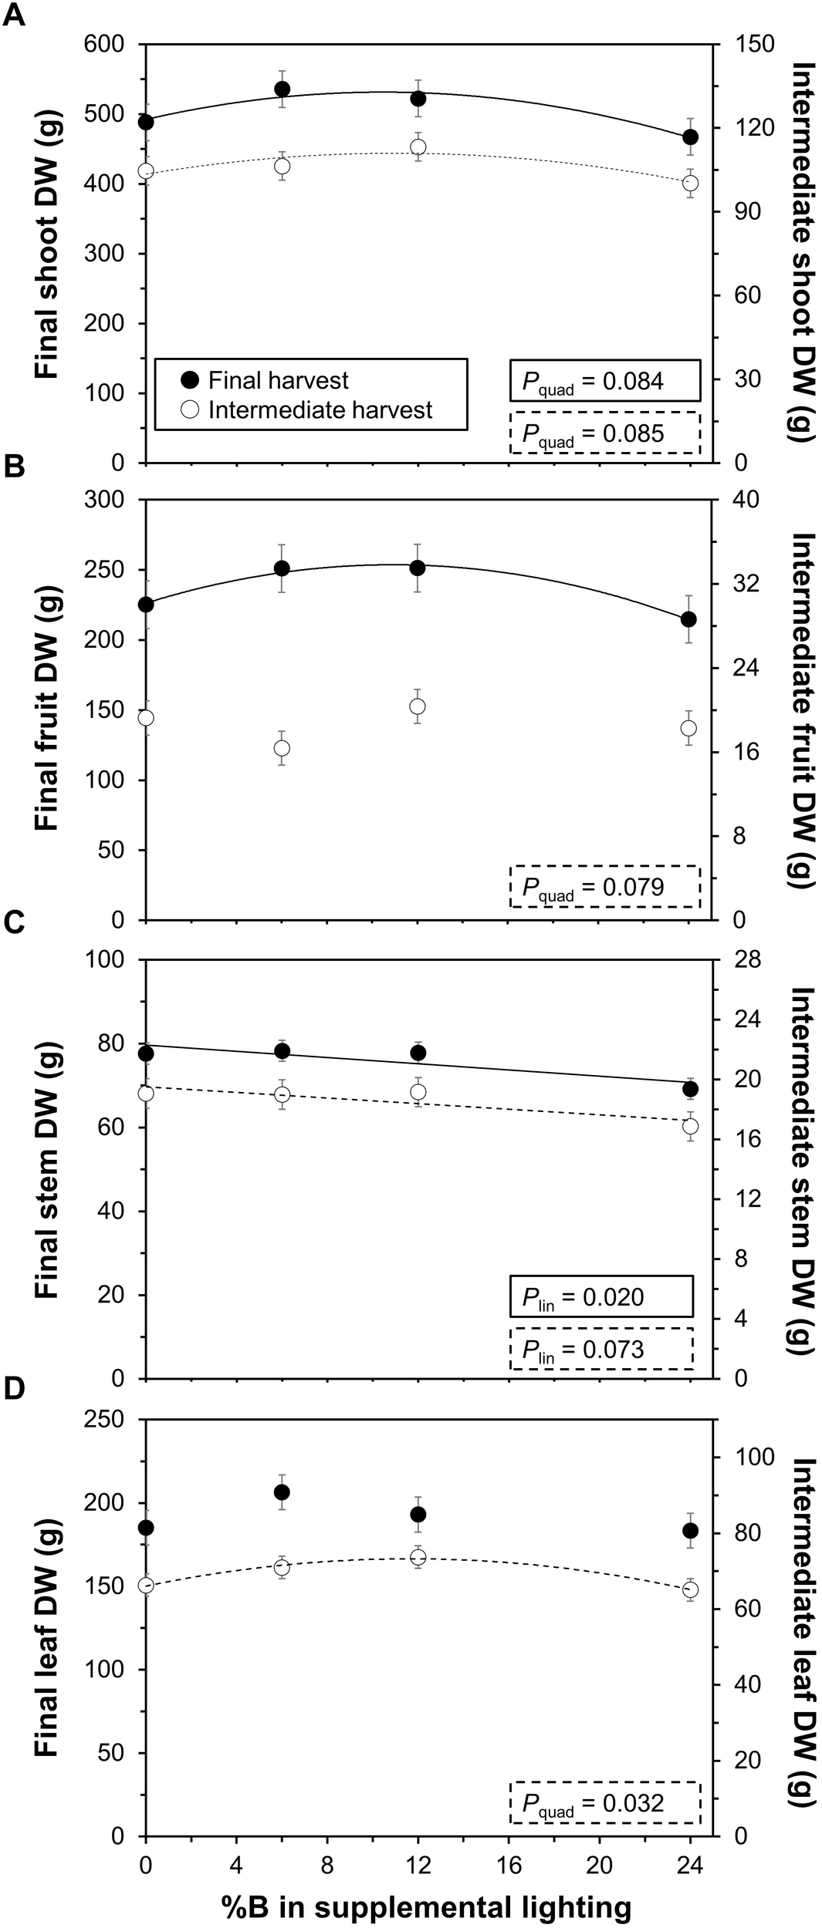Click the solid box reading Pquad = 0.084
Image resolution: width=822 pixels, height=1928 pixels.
(x=604, y=380)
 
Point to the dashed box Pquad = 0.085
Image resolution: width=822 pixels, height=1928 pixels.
(x=604, y=433)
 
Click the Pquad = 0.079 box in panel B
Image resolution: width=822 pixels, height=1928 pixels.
(x=604, y=887)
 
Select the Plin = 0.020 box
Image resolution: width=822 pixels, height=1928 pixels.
(x=601, y=1297)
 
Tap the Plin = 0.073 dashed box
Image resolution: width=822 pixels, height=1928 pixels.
(x=601, y=1350)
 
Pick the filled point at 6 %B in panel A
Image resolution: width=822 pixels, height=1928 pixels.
(x=282, y=89)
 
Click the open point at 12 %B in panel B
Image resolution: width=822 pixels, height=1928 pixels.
(x=418, y=706)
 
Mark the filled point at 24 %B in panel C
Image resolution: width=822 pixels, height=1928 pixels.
(x=691, y=1089)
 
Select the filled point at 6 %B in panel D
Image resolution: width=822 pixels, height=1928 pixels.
(x=282, y=1492)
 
